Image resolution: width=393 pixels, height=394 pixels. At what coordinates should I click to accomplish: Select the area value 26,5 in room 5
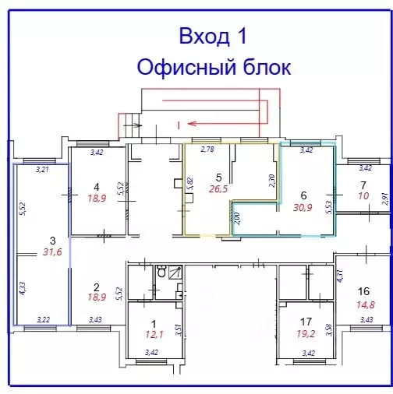(x=218, y=188)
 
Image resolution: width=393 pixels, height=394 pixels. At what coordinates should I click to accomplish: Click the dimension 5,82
(x=189, y=184)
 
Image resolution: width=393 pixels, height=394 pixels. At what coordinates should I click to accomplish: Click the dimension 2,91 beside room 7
(x=384, y=199)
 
